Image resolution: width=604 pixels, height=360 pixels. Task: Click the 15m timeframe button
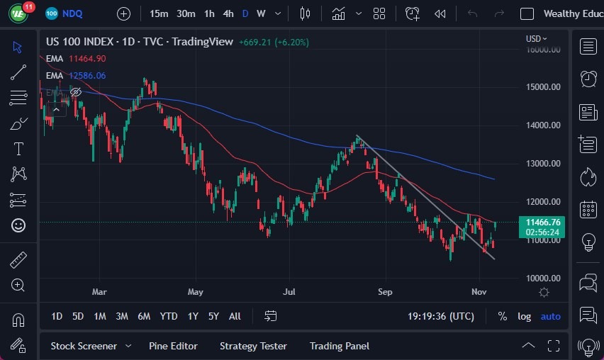(160, 13)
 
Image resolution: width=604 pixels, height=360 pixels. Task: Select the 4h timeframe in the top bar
(228, 13)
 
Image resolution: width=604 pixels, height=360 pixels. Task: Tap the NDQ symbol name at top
(72, 13)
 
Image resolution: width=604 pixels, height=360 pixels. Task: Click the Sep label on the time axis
(385, 291)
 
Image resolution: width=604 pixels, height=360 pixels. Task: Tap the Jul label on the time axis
(289, 291)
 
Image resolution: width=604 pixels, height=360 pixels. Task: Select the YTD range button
(169, 316)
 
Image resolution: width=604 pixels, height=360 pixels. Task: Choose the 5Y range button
(213, 316)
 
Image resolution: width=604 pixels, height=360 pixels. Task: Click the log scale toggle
(524, 316)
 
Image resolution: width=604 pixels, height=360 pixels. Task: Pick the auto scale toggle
(551, 316)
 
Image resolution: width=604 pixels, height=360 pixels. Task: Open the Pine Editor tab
(173, 346)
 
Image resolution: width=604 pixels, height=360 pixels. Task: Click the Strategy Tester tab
(253, 346)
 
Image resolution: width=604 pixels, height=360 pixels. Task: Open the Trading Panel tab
(340, 346)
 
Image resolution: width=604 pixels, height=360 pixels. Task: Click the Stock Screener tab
(84, 346)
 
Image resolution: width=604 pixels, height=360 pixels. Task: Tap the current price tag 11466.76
(543, 223)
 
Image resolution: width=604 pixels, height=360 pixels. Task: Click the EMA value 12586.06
(87, 75)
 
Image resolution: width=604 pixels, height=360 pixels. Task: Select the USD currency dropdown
(537, 39)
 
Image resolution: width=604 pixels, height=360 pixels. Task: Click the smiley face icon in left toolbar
(18, 225)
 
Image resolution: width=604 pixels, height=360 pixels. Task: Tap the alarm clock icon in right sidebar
(588, 78)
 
